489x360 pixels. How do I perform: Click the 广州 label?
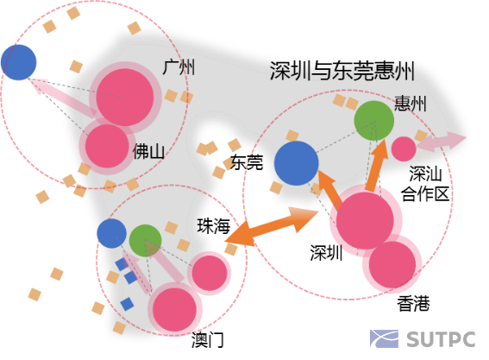(x=179, y=67)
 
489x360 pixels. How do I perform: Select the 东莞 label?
(x=248, y=161)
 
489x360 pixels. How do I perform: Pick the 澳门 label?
(x=208, y=339)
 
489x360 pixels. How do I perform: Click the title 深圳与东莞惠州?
(x=342, y=70)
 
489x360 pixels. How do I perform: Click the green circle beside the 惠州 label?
(x=374, y=120)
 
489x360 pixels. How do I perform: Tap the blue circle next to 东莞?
(x=296, y=163)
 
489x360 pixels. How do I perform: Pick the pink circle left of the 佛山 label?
(x=107, y=145)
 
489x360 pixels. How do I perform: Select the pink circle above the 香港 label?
(x=392, y=265)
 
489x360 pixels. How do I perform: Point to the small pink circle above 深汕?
(x=404, y=148)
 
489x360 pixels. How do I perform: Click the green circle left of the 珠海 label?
(x=145, y=239)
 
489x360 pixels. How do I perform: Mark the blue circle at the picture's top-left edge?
(x=18, y=62)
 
